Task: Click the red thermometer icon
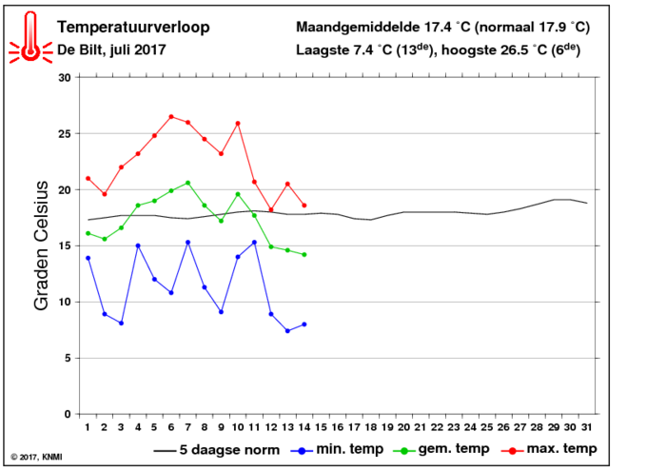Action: pyautogui.click(x=30, y=37)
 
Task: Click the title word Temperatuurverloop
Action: pyautogui.click(x=133, y=28)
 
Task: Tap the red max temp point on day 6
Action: pyautogui.click(x=171, y=116)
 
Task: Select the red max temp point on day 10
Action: pyautogui.click(x=238, y=124)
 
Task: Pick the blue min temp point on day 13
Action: pyautogui.click(x=287, y=331)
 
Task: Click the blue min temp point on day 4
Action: pyautogui.click(x=138, y=245)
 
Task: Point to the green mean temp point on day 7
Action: pyautogui.click(x=187, y=183)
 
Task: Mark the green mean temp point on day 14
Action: pyautogui.click(x=304, y=254)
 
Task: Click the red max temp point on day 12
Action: pyautogui.click(x=271, y=209)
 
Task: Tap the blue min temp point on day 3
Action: pyautogui.click(x=121, y=324)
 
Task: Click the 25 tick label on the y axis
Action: pyautogui.click(x=65, y=134)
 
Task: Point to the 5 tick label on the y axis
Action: pyautogui.click(x=68, y=359)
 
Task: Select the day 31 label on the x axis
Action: pyautogui.click(x=587, y=427)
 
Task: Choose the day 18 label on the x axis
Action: pyautogui.click(x=371, y=427)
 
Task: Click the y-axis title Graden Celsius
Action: pyautogui.click(x=41, y=245)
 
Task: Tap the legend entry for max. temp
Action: pyautogui.click(x=549, y=449)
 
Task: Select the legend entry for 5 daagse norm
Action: pyautogui.click(x=217, y=450)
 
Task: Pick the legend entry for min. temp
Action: pyautogui.click(x=337, y=449)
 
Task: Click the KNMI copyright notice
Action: pyautogui.click(x=36, y=458)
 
